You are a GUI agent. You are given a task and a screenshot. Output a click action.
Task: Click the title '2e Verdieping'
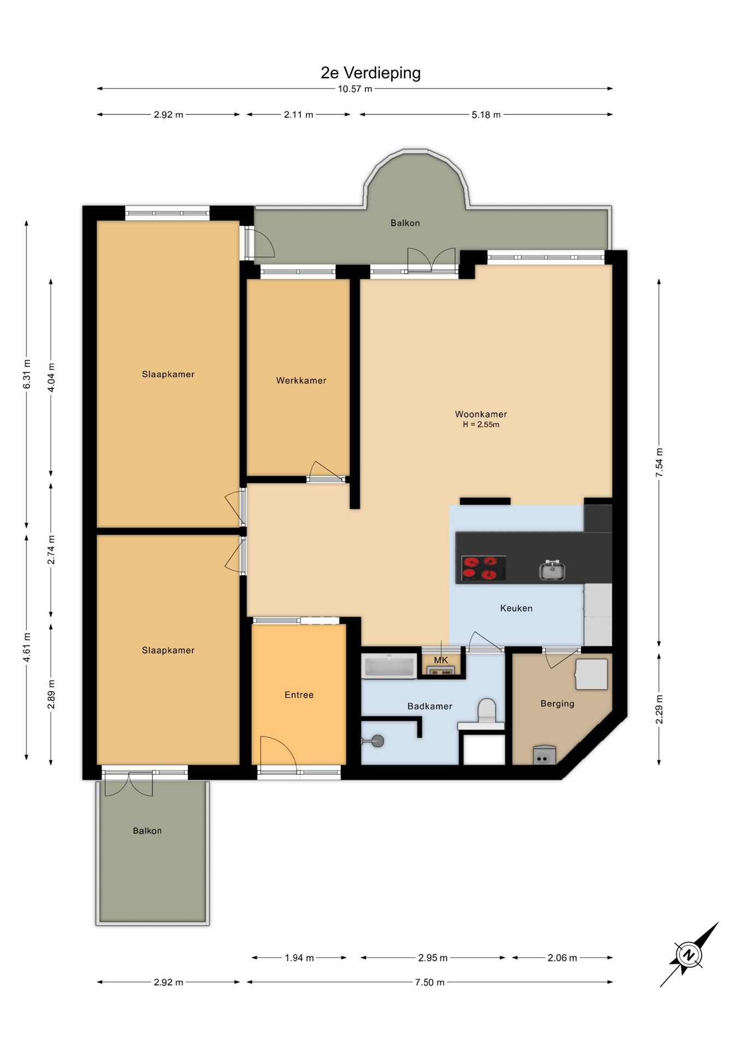click(x=370, y=73)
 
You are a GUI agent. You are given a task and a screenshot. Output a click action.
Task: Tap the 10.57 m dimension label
click(x=355, y=89)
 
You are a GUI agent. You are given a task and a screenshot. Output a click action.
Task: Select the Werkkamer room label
click(x=301, y=380)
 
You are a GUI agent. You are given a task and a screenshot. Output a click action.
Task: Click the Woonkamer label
click(x=481, y=414)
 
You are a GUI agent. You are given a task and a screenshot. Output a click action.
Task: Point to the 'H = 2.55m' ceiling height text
click(x=481, y=425)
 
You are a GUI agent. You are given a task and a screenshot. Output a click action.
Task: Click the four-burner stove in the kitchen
click(x=484, y=568)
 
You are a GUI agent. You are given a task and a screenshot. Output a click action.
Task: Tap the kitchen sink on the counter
click(x=552, y=570)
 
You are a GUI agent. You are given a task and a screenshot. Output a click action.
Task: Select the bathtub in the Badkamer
click(x=389, y=666)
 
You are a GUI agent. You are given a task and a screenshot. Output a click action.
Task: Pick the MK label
click(x=441, y=660)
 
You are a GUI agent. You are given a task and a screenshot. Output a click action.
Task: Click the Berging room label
click(x=557, y=704)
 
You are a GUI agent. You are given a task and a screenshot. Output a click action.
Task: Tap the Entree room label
click(x=299, y=695)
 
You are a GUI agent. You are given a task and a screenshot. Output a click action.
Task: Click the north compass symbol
click(x=689, y=954)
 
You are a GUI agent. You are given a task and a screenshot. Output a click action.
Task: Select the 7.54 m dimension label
click(x=659, y=463)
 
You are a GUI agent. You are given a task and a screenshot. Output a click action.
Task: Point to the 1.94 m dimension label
click(x=299, y=958)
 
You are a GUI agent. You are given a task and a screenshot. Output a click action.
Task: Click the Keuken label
click(x=516, y=608)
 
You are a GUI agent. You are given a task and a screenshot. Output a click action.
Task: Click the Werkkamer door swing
click(x=326, y=472)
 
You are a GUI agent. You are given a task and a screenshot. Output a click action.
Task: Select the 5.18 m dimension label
click(x=486, y=115)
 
